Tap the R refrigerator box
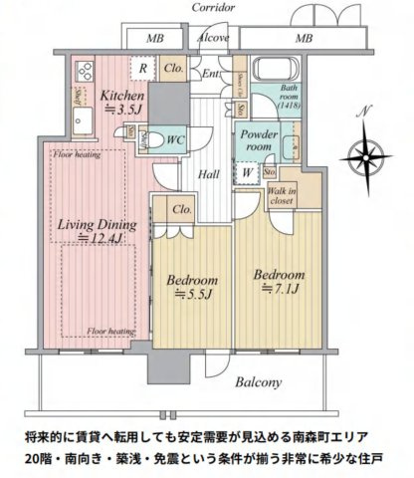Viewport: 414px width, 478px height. pos(144,70)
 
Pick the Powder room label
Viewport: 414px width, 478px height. pos(260,140)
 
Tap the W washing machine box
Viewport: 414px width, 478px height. pos(246,171)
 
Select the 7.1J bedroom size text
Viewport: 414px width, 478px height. pos(279,289)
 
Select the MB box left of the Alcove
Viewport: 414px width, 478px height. pos(155,38)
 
